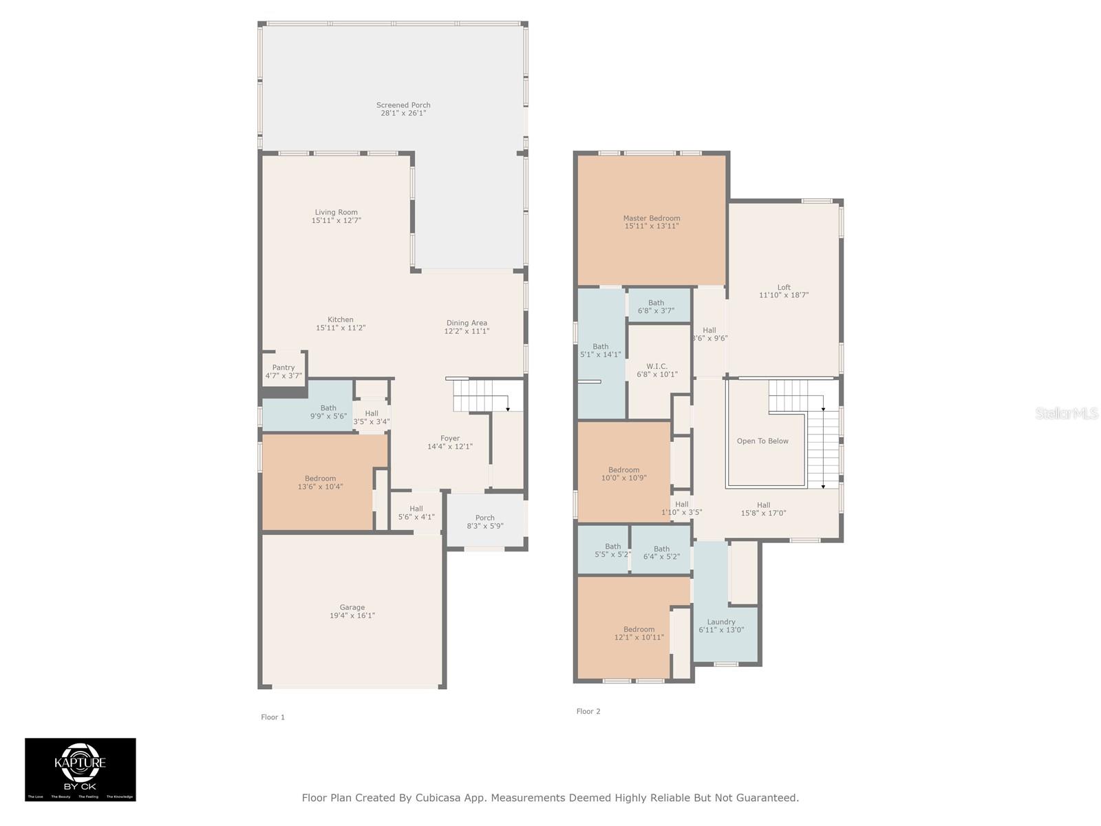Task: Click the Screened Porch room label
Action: pyautogui.click(x=403, y=105)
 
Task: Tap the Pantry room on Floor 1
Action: pyautogui.click(x=284, y=371)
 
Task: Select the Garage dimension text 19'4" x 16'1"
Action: pyautogui.click(x=352, y=616)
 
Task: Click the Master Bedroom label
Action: pyautogui.click(x=652, y=218)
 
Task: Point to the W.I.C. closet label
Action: pyautogui.click(x=656, y=367)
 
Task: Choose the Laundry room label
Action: pyautogui.click(x=721, y=622)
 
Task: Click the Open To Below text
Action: pyautogui.click(x=762, y=441)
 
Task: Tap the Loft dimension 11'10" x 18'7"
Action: pyautogui.click(x=784, y=295)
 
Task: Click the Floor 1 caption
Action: pyautogui.click(x=272, y=717)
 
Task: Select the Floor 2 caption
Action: pyautogui.click(x=588, y=712)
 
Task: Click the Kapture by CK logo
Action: pyautogui.click(x=81, y=769)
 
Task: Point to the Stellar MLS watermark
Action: pyautogui.click(x=1067, y=413)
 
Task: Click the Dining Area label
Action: pyautogui.click(x=467, y=323)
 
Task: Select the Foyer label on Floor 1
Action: pyautogui.click(x=450, y=438)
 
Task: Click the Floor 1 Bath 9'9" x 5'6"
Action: pyautogui.click(x=328, y=412)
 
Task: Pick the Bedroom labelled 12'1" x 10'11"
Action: pyautogui.click(x=639, y=633)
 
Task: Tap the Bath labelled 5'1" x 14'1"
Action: pyautogui.click(x=601, y=350)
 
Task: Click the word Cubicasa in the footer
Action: pyautogui.click(x=439, y=798)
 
